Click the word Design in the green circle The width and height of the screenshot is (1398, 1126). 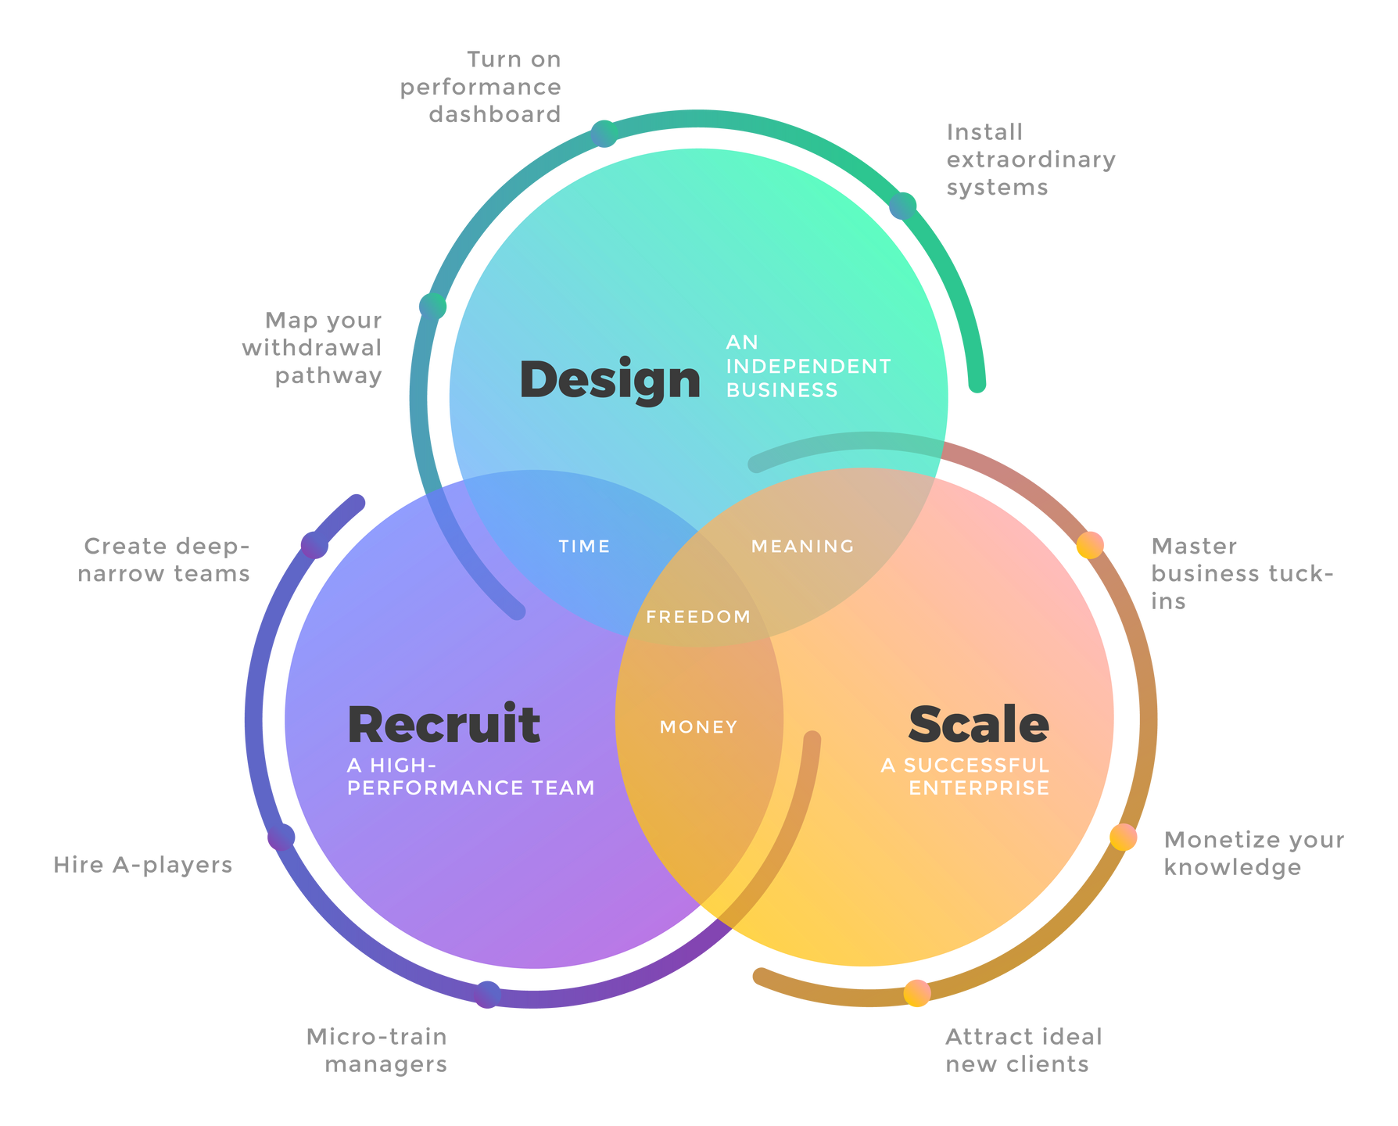610,380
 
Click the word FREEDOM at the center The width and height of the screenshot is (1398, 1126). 698,617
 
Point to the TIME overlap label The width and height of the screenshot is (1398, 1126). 584,547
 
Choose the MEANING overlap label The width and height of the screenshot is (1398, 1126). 803,547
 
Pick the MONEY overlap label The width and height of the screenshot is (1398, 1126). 698,727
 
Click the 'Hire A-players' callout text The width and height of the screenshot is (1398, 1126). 143,865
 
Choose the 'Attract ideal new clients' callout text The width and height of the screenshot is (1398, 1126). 1022,1050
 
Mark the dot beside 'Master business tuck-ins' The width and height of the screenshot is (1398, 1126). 1090,545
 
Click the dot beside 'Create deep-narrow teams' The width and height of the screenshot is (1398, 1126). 314,545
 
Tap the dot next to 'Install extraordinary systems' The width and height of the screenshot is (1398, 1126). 902,206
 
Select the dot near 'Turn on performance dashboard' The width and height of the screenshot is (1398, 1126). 604,134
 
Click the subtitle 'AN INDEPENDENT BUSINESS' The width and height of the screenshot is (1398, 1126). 808,366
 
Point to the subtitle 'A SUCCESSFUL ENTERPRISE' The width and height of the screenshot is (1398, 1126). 966,776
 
